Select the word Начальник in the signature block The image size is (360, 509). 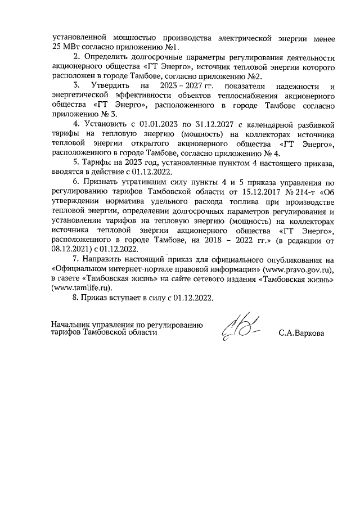coord(69,325)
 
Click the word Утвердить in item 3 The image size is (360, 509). coord(110,87)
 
